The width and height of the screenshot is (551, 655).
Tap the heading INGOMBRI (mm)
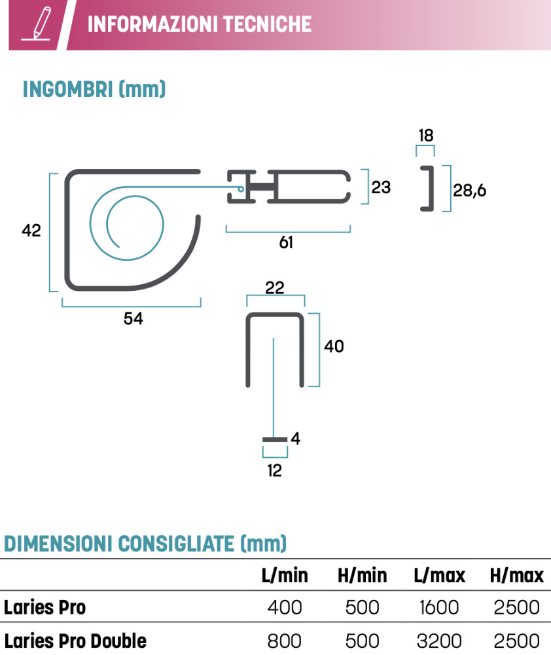pos(94,89)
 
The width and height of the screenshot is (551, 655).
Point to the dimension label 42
pos(31,231)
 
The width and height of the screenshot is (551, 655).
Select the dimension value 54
pos(133,318)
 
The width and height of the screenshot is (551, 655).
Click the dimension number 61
pos(286,242)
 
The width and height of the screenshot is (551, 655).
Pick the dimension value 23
pos(381,187)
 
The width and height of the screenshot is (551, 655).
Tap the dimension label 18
pos(425,136)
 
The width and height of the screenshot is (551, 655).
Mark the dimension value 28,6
pos(470,191)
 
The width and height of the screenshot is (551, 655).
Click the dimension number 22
pos(275,288)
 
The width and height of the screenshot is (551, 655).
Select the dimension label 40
pos(334,346)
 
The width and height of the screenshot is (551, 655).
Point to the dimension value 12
pos(275,470)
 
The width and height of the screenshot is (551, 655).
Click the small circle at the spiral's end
pos(241,189)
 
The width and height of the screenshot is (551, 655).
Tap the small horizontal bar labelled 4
pos(275,438)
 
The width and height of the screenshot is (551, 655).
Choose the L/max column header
pos(439,576)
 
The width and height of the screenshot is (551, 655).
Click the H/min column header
pos(362,576)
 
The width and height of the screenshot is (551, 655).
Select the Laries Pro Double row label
pos(75,640)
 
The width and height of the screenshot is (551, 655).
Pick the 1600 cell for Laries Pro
pos(439,608)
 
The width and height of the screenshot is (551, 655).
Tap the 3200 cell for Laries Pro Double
pos(439,640)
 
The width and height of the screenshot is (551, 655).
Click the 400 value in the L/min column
pos(285,608)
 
